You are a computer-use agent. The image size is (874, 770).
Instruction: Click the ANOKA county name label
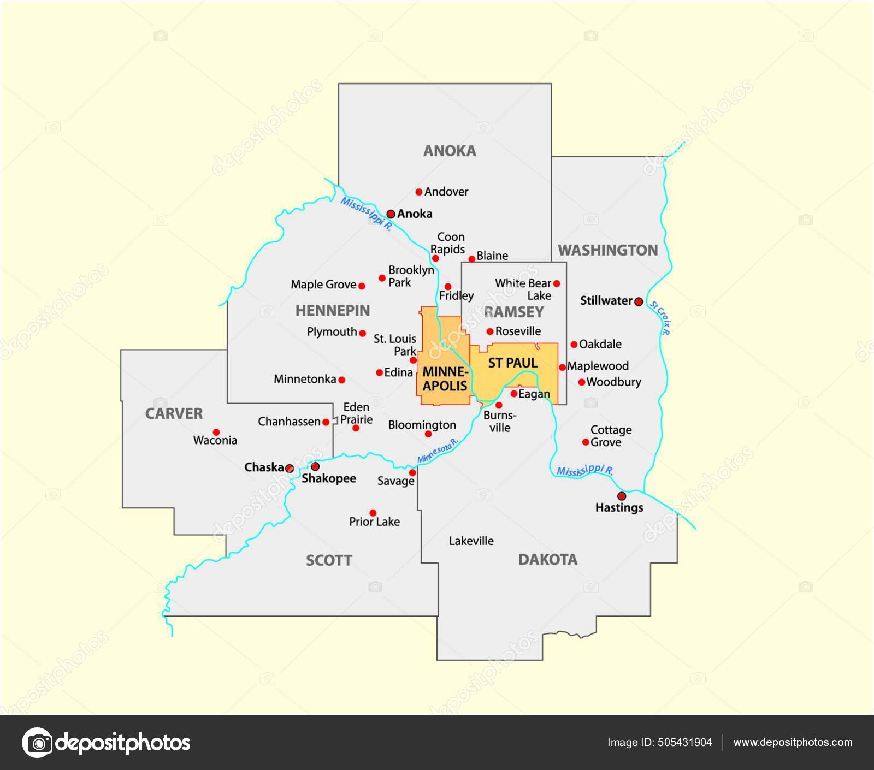click(x=450, y=151)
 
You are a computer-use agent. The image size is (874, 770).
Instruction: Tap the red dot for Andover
click(x=419, y=192)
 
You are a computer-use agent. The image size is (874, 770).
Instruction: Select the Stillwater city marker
click(x=639, y=301)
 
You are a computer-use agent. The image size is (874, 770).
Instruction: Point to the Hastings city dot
click(x=622, y=496)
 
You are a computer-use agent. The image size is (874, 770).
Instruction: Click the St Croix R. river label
click(x=660, y=318)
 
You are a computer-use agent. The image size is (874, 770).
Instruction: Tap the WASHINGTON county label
click(x=607, y=250)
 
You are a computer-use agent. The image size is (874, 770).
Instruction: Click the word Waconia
click(x=215, y=440)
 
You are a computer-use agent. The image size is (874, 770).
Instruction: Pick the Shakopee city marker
click(x=315, y=466)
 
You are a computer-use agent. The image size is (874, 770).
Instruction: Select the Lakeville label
click(x=471, y=541)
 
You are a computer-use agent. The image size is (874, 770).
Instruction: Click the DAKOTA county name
click(x=547, y=559)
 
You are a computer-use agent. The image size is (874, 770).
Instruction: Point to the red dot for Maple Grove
click(x=362, y=285)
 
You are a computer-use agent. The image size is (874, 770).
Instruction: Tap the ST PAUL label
click(x=512, y=363)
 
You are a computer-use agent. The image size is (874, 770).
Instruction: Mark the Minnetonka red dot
click(x=342, y=380)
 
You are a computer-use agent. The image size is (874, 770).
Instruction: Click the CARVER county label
click(x=174, y=413)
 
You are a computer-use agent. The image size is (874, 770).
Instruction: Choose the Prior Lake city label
click(x=374, y=522)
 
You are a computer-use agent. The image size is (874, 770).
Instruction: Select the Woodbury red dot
click(x=582, y=382)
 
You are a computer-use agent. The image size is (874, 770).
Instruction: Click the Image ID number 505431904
click(x=686, y=742)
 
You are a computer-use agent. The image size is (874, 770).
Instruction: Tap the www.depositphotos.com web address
click(x=793, y=742)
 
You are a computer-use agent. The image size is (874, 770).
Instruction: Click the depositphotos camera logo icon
click(x=37, y=743)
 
